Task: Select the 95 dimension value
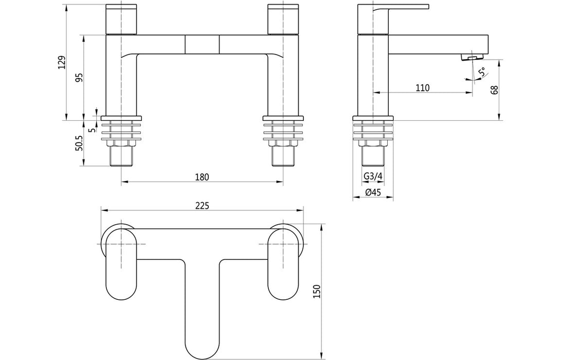(x=79, y=77)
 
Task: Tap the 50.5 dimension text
(x=79, y=143)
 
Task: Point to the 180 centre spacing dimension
(x=202, y=177)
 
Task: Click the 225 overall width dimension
(x=202, y=206)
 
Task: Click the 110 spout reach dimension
(x=422, y=88)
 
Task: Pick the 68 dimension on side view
(x=495, y=91)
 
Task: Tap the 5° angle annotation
(x=482, y=73)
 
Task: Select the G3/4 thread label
(x=373, y=177)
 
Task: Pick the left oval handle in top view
(x=121, y=263)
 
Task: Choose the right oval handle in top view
(x=283, y=263)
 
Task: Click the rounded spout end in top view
(x=202, y=342)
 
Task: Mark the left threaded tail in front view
(x=121, y=156)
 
